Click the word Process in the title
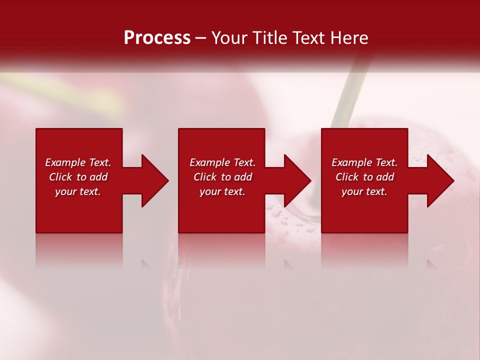coord(157,38)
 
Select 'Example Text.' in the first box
coord(78,162)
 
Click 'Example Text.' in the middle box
coord(222,162)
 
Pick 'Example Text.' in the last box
coord(364,162)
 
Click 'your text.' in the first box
coord(78,191)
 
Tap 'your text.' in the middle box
coord(222,191)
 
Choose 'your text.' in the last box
coord(364,191)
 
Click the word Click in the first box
coord(60,177)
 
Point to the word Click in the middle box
coord(205,177)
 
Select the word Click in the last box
coord(347,177)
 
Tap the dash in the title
coord(201,38)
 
